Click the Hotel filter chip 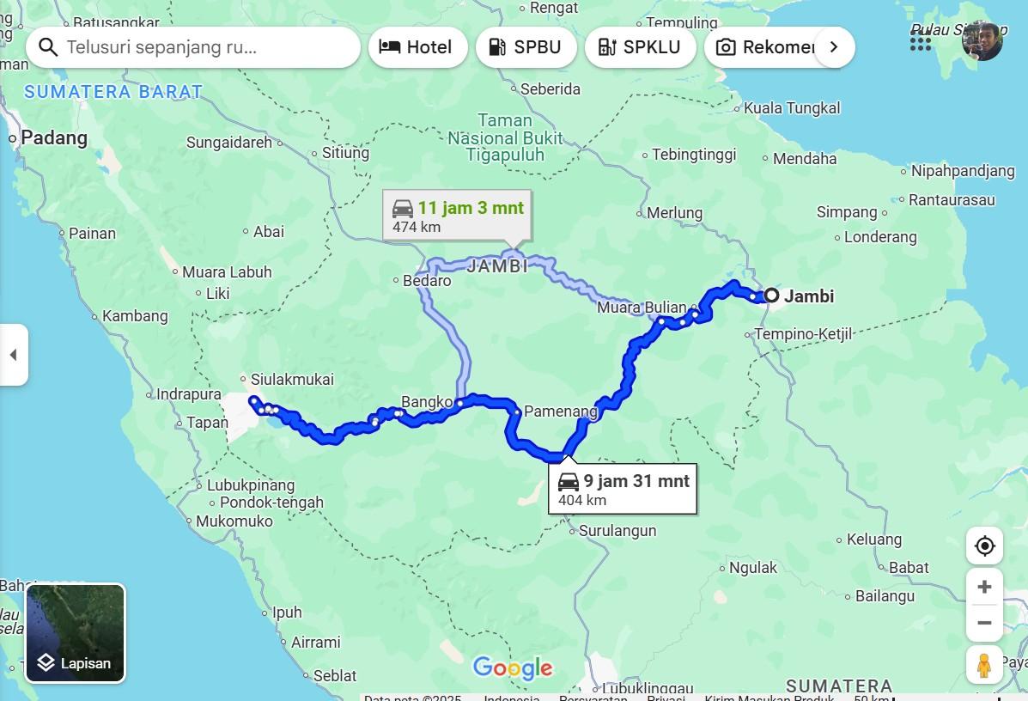click(417, 47)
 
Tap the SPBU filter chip click(526, 47)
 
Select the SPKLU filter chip click(639, 47)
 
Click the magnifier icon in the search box click(49, 47)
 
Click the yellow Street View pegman click(984, 666)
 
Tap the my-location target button click(984, 546)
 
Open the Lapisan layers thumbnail click(76, 633)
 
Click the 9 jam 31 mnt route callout click(623, 490)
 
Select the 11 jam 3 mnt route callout click(457, 216)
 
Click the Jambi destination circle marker click(771, 296)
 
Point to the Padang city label click(54, 137)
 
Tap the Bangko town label click(426, 402)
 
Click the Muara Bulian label click(642, 308)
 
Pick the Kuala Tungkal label click(791, 108)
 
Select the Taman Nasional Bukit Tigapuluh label click(506, 137)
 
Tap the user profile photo click(982, 40)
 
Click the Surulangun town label click(617, 531)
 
